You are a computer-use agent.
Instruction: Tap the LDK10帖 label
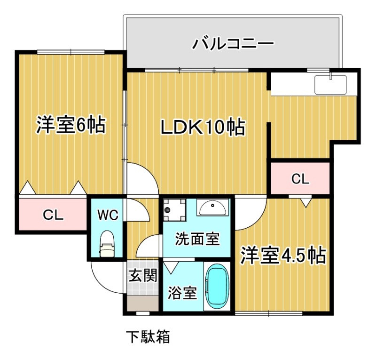pos(203,127)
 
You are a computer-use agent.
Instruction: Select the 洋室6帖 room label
pos(70,125)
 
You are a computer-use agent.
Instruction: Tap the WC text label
pos(108,215)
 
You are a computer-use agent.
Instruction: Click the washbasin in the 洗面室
pos(212,207)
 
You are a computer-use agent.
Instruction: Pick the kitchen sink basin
pos(331,84)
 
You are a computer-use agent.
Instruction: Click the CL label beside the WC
pos(53,215)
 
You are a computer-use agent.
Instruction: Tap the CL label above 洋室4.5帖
pos(300,178)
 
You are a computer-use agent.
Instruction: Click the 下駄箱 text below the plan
pos(148,337)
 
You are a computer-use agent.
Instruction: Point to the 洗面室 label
pos(197,239)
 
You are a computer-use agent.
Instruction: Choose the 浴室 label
pos(182,293)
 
